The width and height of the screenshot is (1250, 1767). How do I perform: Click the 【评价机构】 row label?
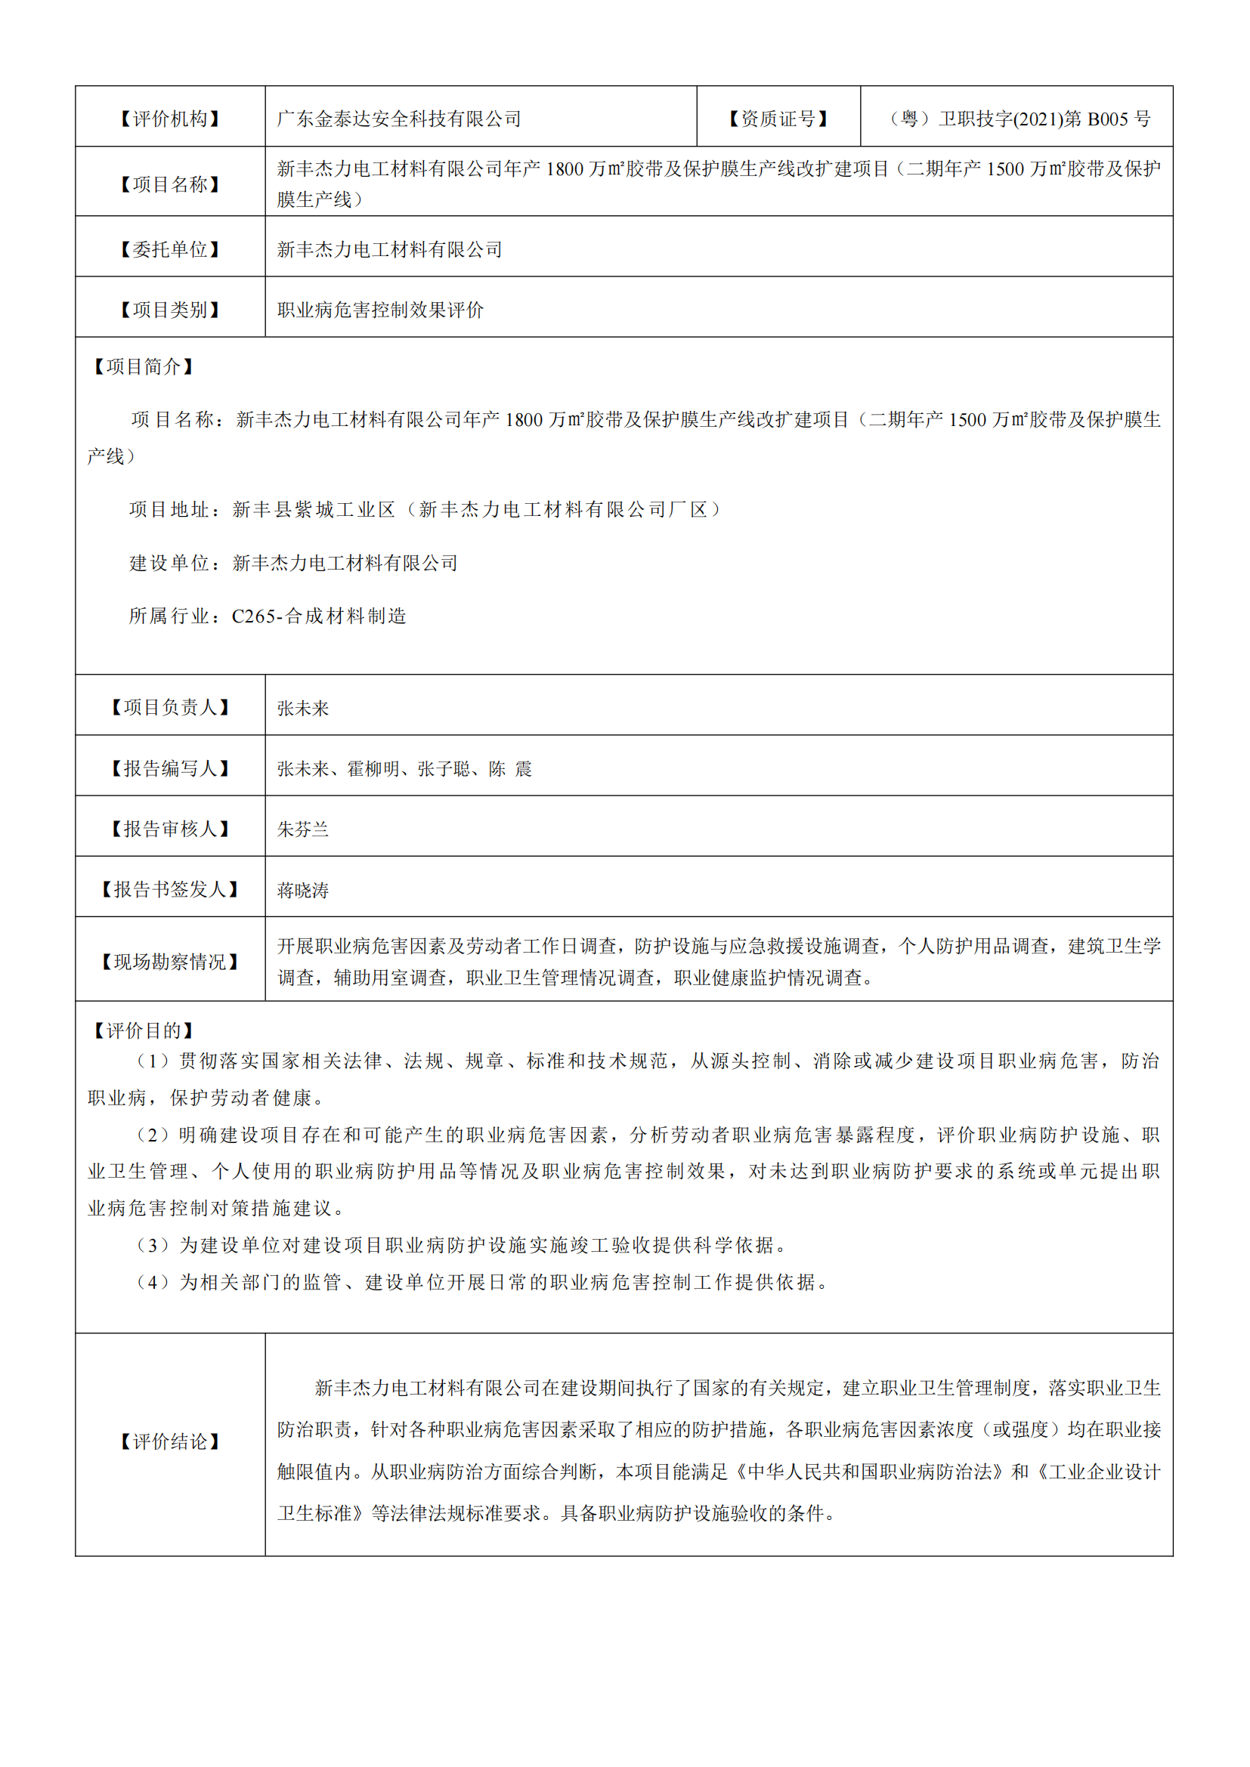pyautogui.click(x=170, y=119)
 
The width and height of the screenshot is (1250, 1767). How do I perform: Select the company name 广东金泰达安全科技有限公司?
pyautogui.click(x=399, y=119)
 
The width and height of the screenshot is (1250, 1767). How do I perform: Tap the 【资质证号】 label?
pyautogui.click(x=778, y=119)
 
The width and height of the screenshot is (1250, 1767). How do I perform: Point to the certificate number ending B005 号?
pyautogui.click(x=1019, y=119)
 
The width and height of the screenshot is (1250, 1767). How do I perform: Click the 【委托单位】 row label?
pyautogui.click(x=170, y=249)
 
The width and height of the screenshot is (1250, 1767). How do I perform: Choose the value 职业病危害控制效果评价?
pyautogui.click(x=380, y=310)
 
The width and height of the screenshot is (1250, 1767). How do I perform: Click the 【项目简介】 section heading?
pyautogui.click(x=143, y=366)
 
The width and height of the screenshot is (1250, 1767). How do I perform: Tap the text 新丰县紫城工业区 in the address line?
pyautogui.click(x=314, y=509)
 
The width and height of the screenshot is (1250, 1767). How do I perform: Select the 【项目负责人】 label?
pyautogui.click(x=170, y=707)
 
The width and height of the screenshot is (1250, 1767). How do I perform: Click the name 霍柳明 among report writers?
pyautogui.click(x=373, y=769)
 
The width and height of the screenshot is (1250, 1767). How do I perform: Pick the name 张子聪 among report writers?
pyautogui.click(x=444, y=769)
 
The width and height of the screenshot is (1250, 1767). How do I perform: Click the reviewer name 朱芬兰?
pyautogui.click(x=303, y=829)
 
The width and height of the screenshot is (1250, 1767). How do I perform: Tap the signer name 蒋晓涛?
pyautogui.click(x=303, y=890)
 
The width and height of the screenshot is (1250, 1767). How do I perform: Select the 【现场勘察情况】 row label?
pyautogui.click(x=170, y=961)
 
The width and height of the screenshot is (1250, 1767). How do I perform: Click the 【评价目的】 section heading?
pyautogui.click(x=143, y=1030)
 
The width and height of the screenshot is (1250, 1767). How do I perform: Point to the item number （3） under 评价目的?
pyautogui.click(x=153, y=1244)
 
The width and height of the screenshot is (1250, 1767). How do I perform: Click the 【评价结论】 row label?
pyautogui.click(x=170, y=1441)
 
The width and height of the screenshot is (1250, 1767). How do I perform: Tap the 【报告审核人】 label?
pyautogui.click(x=170, y=829)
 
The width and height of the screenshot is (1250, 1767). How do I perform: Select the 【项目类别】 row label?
pyautogui.click(x=170, y=310)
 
